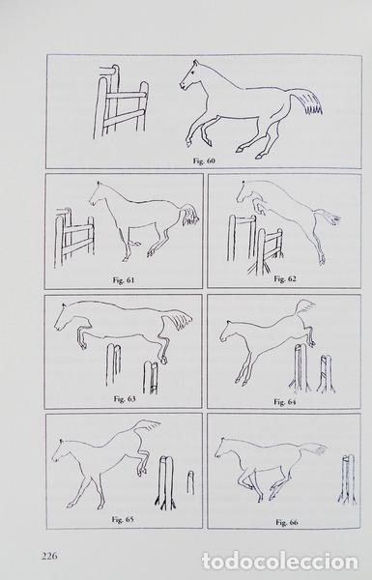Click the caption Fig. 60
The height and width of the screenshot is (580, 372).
pyautogui.click(x=204, y=160)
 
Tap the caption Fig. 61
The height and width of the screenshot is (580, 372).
pyautogui.click(x=123, y=280)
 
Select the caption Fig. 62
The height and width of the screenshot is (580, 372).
pyautogui.click(x=285, y=278)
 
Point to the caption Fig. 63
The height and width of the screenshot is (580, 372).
pyautogui.click(x=125, y=398)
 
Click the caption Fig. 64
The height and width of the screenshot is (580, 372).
pyautogui.click(x=285, y=402)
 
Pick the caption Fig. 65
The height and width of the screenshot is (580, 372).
pyautogui.click(x=123, y=519)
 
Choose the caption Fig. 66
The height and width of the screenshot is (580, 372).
pyautogui.click(x=287, y=522)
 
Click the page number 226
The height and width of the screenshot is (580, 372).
pyautogui.click(x=49, y=556)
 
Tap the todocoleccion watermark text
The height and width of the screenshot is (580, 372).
pyautogui.click(x=280, y=562)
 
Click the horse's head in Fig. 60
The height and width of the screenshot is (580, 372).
pyautogui.click(x=191, y=75)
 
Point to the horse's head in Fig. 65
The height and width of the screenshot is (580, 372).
pyautogui.click(x=59, y=450)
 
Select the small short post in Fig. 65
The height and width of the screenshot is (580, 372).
pyautogui.click(x=190, y=482)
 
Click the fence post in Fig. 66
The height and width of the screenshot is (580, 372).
pyautogui.click(x=348, y=479)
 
